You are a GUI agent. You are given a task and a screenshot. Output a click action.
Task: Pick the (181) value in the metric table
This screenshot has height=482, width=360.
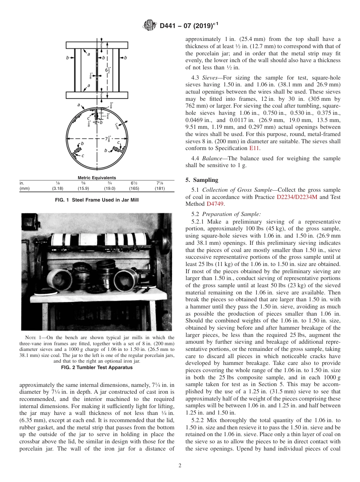tap(160, 188)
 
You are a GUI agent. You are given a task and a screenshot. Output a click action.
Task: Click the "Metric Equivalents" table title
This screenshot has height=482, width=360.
tap(97, 178)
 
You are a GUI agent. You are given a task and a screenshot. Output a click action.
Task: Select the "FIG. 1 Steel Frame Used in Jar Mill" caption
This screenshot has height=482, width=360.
tap(97, 200)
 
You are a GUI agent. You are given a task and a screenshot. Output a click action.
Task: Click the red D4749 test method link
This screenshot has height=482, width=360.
tap(215, 204)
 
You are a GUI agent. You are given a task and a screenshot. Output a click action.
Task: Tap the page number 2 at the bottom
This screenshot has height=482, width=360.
tap(180, 466)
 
